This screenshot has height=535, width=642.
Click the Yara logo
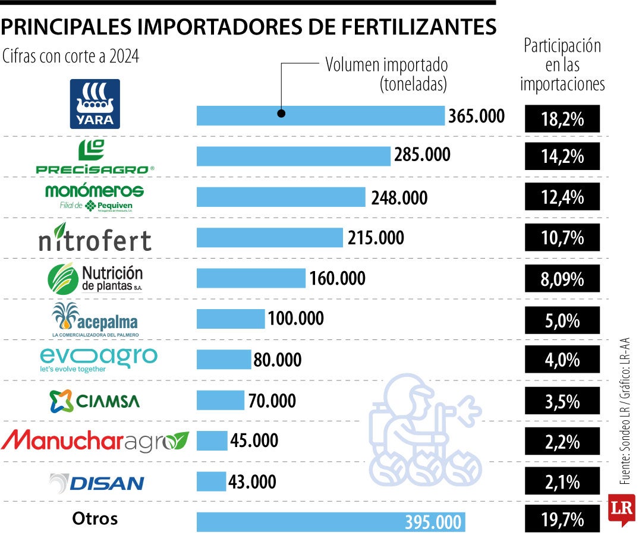click(x=95, y=104)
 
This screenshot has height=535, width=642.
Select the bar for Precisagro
click(x=294, y=156)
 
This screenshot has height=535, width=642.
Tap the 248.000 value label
click(x=399, y=197)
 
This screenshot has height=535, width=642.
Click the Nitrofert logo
click(x=95, y=238)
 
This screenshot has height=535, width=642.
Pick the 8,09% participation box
click(x=562, y=278)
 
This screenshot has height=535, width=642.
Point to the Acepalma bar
click(x=231, y=319)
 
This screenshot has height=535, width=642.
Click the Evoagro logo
click(x=98, y=358)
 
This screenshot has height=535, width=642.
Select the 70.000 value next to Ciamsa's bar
click(x=272, y=401)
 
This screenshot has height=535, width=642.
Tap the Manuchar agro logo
click(x=95, y=440)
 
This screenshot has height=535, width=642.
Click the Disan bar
click(x=211, y=481)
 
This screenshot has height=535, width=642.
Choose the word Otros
click(x=95, y=518)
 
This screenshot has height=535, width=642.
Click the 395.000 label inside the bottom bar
click(x=433, y=523)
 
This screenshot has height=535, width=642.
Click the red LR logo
click(x=621, y=509)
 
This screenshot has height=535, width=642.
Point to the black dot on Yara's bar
click(x=282, y=114)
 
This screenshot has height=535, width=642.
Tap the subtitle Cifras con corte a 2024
click(x=71, y=57)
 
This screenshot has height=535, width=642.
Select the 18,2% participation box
click(x=562, y=118)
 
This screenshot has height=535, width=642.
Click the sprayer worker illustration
click(x=425, y=428)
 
